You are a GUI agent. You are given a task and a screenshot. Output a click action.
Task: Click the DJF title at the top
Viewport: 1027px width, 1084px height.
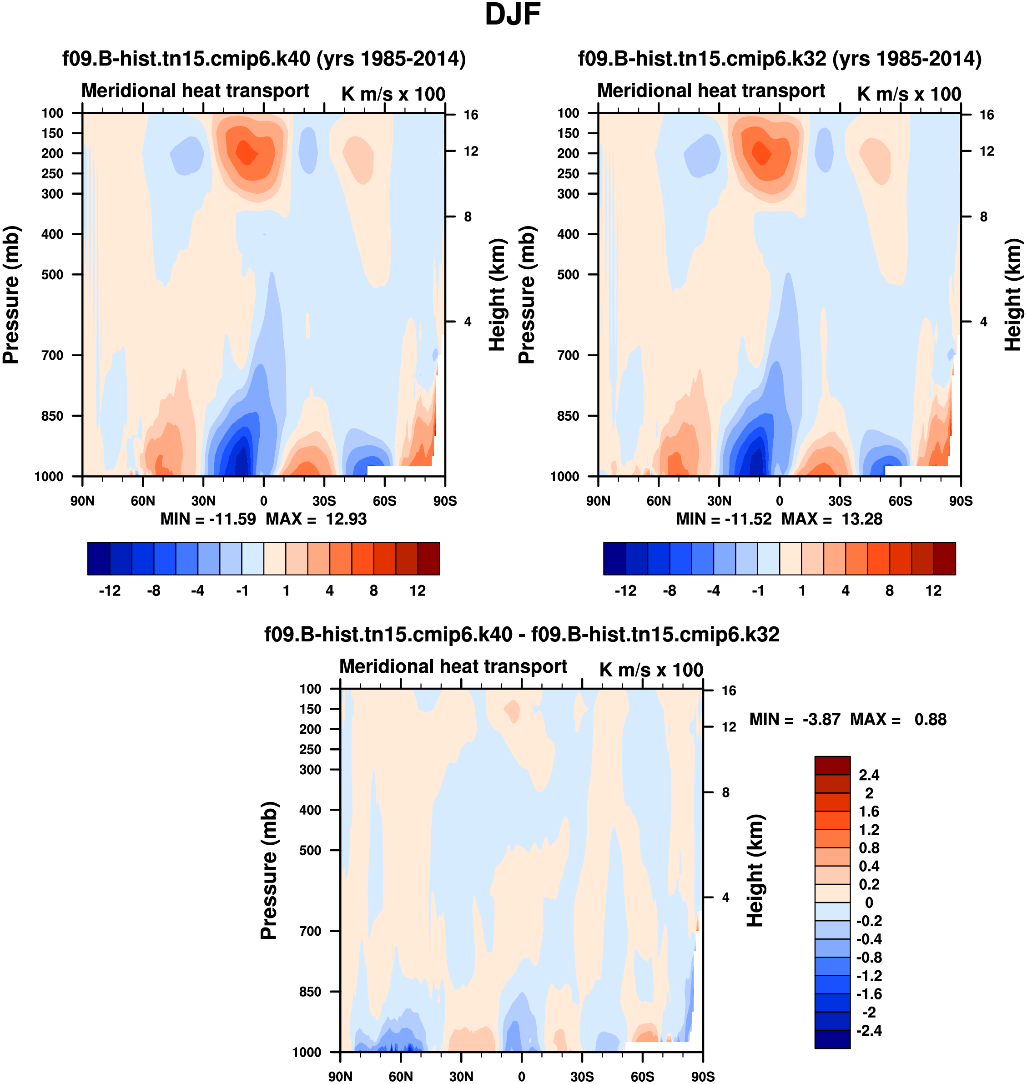(513, 15)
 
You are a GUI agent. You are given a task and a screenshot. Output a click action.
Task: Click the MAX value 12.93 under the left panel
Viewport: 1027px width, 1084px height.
(346, 519)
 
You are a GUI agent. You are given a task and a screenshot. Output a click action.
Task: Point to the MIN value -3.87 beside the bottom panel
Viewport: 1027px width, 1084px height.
(821, 719)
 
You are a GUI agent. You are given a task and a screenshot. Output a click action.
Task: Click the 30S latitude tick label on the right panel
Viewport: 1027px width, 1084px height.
(840, 501)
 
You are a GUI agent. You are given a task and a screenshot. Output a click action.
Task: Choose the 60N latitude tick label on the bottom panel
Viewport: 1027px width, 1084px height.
(401, 1076)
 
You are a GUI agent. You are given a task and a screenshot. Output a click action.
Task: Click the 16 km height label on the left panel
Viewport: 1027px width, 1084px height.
(471, 115)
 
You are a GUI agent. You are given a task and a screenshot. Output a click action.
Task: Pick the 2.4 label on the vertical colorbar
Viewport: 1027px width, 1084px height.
(869, 775)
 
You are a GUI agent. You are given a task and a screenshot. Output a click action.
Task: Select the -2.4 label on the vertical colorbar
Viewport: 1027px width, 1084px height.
(869, 1031)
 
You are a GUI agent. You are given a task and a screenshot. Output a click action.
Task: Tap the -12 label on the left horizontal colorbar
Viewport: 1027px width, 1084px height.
(110, 591)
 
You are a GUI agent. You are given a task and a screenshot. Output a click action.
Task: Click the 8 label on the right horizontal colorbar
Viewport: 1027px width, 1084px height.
(890, 591)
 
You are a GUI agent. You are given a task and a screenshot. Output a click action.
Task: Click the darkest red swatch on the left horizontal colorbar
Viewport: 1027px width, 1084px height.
(428, 559)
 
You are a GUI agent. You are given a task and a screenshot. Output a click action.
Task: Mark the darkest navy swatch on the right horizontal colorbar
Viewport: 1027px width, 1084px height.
(614, 559)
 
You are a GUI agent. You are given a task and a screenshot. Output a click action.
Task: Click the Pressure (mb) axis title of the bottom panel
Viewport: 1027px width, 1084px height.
(269, 871)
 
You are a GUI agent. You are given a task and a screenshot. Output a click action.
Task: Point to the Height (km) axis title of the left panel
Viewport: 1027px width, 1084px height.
(497, 295)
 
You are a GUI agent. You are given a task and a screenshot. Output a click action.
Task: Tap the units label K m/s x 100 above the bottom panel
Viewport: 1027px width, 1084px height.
(651, 670)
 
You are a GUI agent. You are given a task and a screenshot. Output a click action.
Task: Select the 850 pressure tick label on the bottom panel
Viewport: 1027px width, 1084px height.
(310, 992)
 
